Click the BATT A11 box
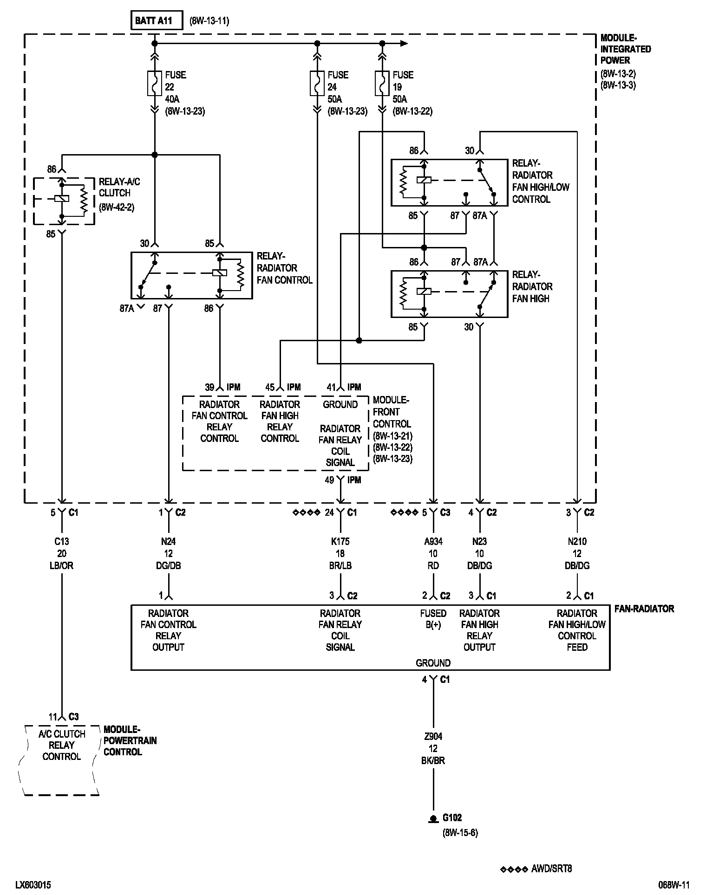coord(157,20)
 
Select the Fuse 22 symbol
coord(155,84)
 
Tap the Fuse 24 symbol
coord(317,84)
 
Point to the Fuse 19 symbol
coord(382,84)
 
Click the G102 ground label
coord(452,817)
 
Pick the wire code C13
coord(61,541)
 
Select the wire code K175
coord(340,541)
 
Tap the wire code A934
coord(433,541)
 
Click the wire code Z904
coord(433,736)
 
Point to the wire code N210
coord(577,541)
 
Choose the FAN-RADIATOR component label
coord(644,609)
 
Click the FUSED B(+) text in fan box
coord(433,619)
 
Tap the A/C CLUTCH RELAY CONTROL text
coord(61,745)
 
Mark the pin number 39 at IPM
coord(210,387)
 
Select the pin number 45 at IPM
coord(270,387)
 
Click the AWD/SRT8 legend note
coord(551,869)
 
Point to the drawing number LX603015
coord(33,885)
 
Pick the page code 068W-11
coord(674,885)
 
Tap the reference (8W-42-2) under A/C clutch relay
coord(117,208)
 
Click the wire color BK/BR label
coord(433,760)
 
